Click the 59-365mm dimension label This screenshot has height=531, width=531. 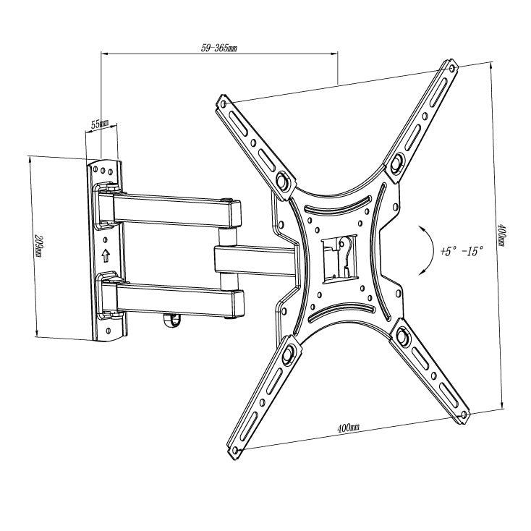tap(219, 48)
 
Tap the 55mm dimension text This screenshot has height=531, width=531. tap(100, 124)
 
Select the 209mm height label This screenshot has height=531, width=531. tap(41, 246)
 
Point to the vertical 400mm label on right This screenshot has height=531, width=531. tap(501, 234)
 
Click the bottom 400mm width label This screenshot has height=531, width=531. tap(348, 428)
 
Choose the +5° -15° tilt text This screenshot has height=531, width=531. tap(462, 251)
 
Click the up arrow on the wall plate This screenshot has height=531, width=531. tap(106, 255)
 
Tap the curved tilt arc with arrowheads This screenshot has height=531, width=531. tap(426, 250)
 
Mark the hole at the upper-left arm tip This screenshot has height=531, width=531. tap(223, 103)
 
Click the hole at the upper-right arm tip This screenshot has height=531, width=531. tap(451, 69)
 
